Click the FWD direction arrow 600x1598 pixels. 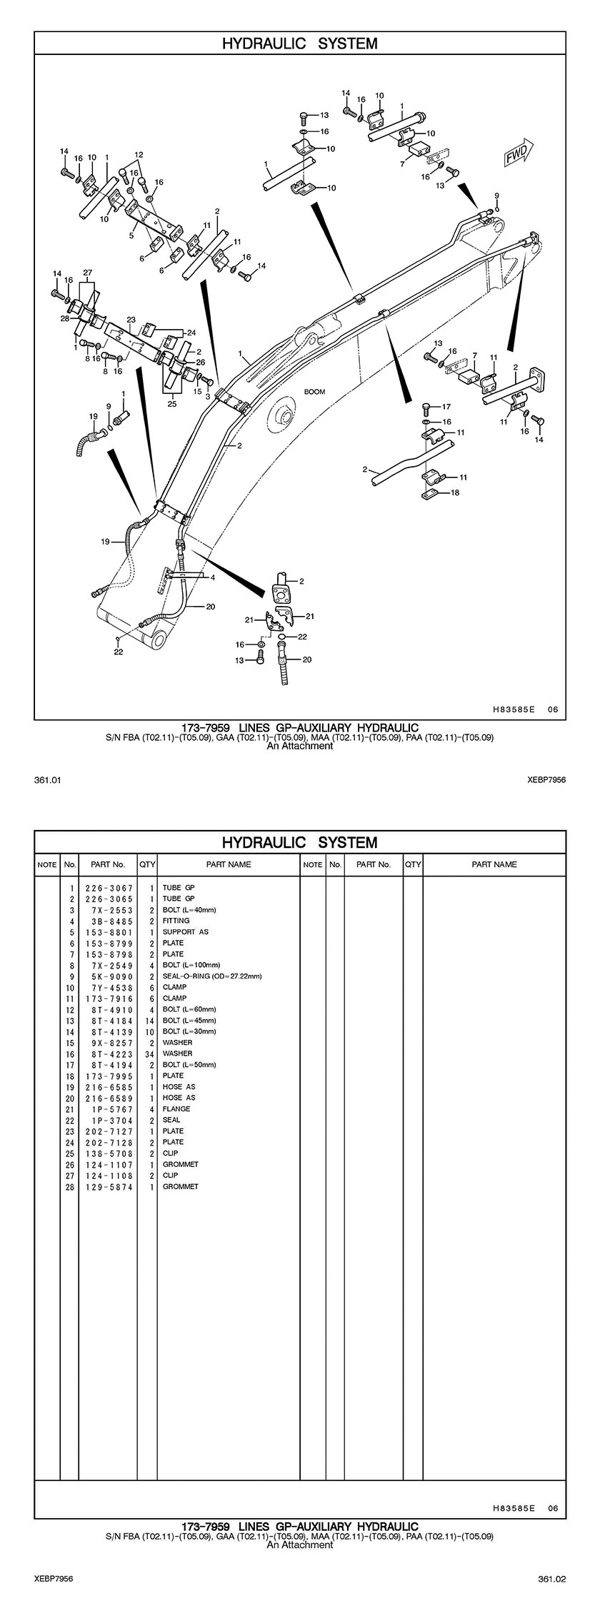click(x=516, y=153)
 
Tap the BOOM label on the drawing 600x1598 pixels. click(x=314, y=392)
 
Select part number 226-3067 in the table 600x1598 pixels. click(x=109, y=888)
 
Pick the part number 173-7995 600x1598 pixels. click(x=109, y=1076)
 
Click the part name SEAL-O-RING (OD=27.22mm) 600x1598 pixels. click(x=212, y=976)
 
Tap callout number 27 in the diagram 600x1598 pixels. click(x=87, y=273)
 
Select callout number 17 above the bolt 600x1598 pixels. click(x=446, y=407)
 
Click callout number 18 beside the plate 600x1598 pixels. click(x=455, y=492)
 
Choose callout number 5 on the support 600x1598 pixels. click(x=132, y=234)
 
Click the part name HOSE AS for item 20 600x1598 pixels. click(x=179, y=1098)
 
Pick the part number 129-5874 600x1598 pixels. click(x=109, y=1186)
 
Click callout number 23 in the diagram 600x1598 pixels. click(x=131, y=320)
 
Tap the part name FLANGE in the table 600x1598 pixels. click(x=176, y=1108)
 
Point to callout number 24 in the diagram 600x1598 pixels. click(x=191, y=333)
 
